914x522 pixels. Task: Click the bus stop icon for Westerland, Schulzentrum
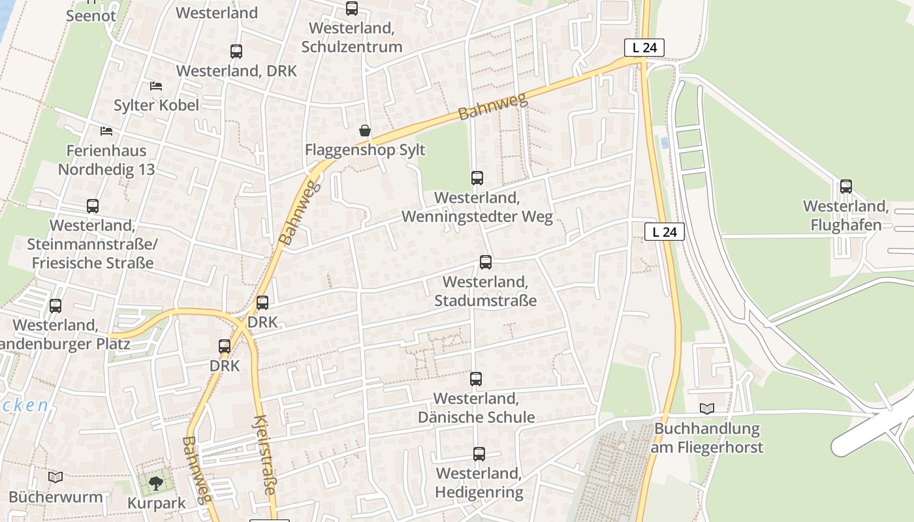(352, 8)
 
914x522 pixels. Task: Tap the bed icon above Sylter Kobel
(155, 85)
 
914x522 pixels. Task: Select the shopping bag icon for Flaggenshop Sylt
(365, 130)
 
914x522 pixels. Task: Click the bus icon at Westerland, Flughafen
(846, 187)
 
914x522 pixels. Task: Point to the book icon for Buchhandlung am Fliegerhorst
(707, 408)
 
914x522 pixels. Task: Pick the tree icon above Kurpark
(156, 484)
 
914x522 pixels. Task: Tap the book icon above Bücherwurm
(55, 478)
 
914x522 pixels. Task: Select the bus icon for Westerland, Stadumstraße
(486, 262)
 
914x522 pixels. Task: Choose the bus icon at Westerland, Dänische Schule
(476, 379)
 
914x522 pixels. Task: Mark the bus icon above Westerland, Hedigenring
(479, 454)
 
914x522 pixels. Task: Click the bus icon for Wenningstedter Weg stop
(477, 178)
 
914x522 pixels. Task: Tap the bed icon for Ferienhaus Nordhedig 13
(106, 131)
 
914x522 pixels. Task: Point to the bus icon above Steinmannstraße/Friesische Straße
(93, 206)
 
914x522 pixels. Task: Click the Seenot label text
(91, 16)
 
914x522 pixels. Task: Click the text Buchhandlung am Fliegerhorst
(707, 438)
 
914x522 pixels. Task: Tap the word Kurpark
(156, 504)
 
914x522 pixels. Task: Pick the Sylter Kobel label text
(156, 105)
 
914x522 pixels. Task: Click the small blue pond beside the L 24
(665, 142)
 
